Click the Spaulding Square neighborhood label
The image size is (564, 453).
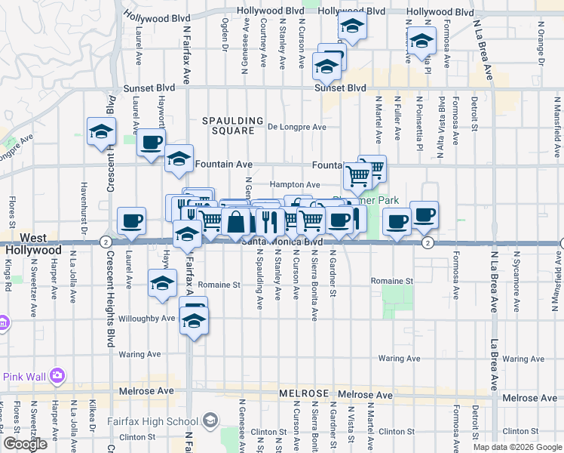[x=232, y=125]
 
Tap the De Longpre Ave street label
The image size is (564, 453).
[x=298, y=127]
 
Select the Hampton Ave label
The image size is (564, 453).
[x=296, y=184]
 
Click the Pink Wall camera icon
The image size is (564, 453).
[x=57, y=375]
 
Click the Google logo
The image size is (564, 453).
[x=25, y=444]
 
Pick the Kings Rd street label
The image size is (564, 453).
[x=8, y=268]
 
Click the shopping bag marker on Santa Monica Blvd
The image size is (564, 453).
[x=236, y=222]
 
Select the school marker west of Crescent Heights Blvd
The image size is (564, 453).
[x=100, y=132]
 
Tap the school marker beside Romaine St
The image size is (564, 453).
[x=161, y=283]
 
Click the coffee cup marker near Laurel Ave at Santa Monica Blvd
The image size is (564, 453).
[x=132, y=220]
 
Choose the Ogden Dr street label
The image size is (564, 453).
[x=225, y=35]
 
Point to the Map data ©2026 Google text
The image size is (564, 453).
[x=518, y=447]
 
